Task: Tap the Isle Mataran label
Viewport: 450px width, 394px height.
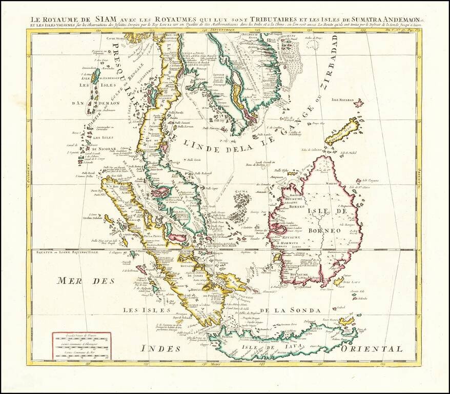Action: pos(343,99)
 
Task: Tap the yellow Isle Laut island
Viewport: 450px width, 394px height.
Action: pos(338,281)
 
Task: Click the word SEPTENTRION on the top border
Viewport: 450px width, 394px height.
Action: pos(221,31)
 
